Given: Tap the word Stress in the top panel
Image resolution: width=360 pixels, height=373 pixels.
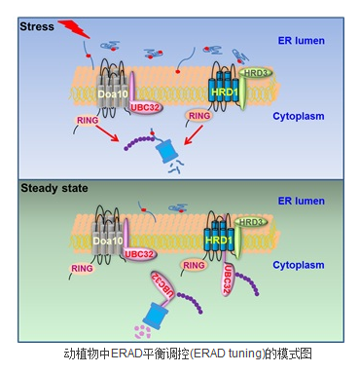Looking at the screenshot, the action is click(x=37, y=26).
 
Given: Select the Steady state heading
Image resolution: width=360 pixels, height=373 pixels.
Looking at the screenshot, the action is click(x=54, y=188).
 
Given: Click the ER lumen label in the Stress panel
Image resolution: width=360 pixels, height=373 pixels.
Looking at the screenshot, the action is click(x=301, y=41).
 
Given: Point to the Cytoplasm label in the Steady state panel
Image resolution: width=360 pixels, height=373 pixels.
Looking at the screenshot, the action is click(x=299, y=265).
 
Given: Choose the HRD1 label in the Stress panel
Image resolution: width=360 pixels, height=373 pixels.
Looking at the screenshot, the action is click(x=225, y=92).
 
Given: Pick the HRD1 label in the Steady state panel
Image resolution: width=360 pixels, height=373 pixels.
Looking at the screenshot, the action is click(x=219, y=241).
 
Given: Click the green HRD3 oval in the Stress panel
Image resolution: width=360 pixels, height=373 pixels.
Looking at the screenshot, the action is click(x=255, y=73).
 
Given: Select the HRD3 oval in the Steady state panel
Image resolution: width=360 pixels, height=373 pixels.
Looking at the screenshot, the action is click(x=251, y=222).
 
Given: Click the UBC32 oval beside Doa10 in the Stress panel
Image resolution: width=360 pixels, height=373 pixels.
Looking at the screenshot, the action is click(x=146, y=107).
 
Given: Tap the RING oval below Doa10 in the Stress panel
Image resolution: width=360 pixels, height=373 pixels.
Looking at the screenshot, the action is click(x=88, y=120).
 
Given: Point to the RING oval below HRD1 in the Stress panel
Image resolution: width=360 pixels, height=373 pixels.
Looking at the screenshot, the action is click(x=199, y=116).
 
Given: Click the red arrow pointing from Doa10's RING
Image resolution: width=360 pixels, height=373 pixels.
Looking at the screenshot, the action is click(x=107, y=133).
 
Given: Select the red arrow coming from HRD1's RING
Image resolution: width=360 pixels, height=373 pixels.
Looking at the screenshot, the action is click(x=194, y=135).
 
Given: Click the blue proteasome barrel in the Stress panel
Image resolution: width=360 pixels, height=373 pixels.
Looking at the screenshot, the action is click(x=165, y=150).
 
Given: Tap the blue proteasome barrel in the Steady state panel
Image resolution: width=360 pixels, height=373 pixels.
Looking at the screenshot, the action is click(x=155, y=315).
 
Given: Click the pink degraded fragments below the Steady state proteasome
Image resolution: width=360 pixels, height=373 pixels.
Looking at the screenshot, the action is click(x=142, y=332).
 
